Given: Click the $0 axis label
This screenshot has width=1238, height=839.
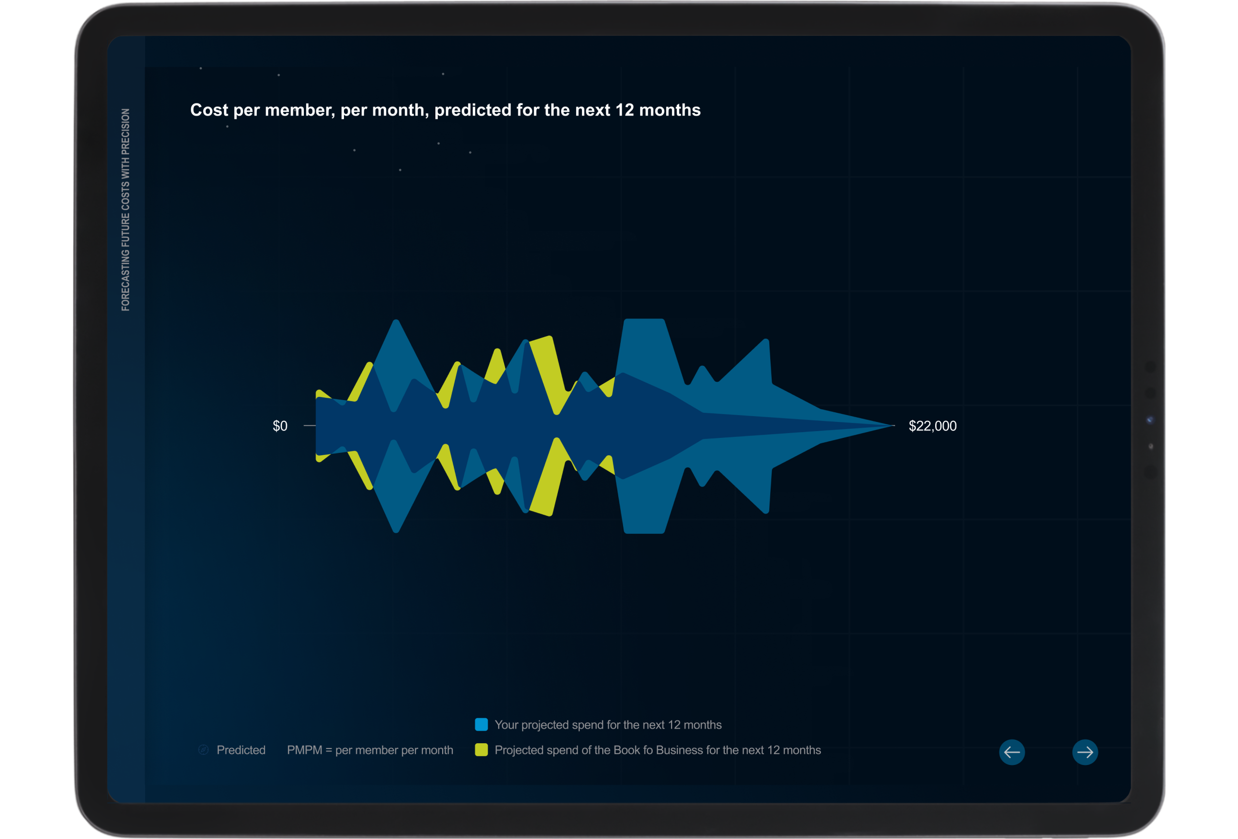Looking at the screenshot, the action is click(x=280, y=426).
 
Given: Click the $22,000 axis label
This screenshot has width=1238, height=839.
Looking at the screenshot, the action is click(x=932, y=426).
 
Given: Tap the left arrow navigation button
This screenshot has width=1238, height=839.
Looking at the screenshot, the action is click(x=1012, y=752).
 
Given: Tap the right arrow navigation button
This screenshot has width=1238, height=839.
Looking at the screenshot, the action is click(x=1085, y=752).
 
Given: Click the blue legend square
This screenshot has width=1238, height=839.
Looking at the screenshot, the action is click(x=481, y=724).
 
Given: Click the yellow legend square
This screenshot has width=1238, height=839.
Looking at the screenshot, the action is click(x=481, y=750).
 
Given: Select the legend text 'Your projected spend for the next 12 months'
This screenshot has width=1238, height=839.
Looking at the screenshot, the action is click(x=608, y=725).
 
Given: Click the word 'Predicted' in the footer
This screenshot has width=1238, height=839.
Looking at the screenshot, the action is click(x=241, y=750).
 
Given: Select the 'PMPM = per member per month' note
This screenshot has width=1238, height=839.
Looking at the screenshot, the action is click(x=370, y=750).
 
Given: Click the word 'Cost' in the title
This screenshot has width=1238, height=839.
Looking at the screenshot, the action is click(x=209, y=110).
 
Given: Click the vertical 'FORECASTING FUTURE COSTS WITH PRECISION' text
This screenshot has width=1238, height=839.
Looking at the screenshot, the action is click(x=125, y=210).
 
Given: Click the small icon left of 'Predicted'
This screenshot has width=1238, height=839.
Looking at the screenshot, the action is click(x=204, y=750).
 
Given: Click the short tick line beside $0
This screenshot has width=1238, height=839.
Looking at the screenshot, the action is click(x=310, y=426).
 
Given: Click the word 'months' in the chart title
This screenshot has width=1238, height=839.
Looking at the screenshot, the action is click(x=670, y=110).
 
